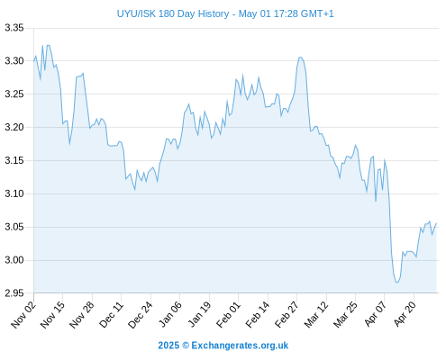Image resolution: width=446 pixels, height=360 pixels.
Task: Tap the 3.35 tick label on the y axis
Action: pyautogui.click(x=14, y=28)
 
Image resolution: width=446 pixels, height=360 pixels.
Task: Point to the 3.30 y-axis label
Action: pyautogui.click(x=14, y=61)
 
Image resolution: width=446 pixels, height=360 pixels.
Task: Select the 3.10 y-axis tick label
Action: pyautogui.click(x=14, y=193)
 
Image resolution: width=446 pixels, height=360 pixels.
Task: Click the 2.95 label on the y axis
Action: pyautogui.click(x=14, y=293)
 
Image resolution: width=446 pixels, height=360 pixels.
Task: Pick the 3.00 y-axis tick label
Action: pyautogui.click(x=14, y=260)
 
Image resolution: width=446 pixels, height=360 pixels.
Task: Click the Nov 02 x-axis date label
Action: pyautogui.click(x=23, y=315)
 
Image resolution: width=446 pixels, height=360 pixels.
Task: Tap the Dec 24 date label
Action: pyautogui.click(x=141, y=315)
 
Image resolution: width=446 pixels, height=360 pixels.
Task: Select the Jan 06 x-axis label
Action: pyautogui.click(x=170, y=315)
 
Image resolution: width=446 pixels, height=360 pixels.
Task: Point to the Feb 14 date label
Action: pyautogui.click(x=258, y=315)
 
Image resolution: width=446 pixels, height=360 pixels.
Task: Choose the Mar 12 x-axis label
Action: pyautogui.click(x=316, y=315)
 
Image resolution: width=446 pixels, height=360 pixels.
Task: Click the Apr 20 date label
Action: pyautogui.click(x=405, y=314)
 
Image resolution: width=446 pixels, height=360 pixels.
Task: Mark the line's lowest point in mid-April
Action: pyautogui.click(x=397, y=283)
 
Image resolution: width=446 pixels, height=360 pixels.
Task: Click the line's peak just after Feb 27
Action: pyautogui.click(x=300, y=57)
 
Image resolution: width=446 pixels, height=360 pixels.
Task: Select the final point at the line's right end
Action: pyautogui.click(x=436, y=223)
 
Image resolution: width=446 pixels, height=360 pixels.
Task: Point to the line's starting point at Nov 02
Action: pyautogui.click(x=34, y=61)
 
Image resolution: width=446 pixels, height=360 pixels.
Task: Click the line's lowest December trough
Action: pyautogui.click(x=135, y=190)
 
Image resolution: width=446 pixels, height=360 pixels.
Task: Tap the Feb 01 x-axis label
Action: pyautogui.click(x=229, y=315)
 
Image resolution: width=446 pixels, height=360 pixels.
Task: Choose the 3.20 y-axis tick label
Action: pyautogui.click(x=14, y=127)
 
